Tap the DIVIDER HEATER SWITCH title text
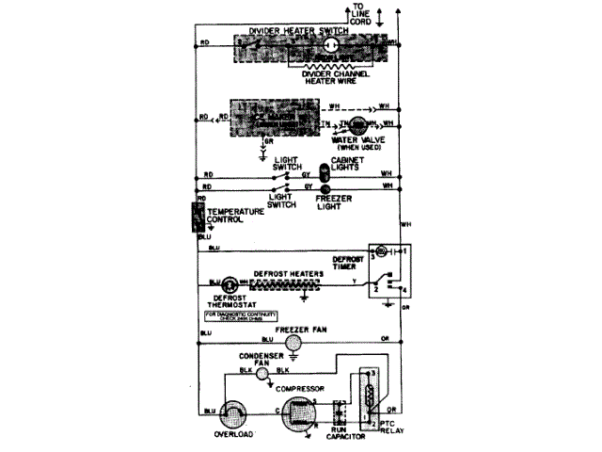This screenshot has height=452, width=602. (x=295, y=31)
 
